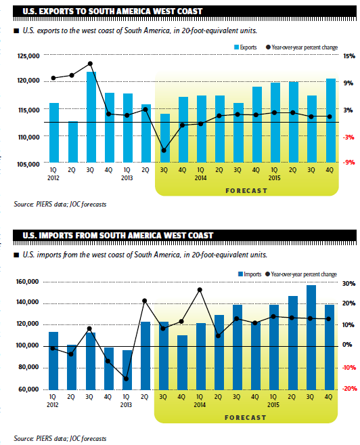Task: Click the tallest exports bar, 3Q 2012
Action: [91, 117]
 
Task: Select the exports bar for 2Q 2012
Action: [73, 142]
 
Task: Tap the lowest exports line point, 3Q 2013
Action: [164, 150]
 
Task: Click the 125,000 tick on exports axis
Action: [28, 56]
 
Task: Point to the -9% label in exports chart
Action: [348, 163]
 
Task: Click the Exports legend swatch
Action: [236, 47]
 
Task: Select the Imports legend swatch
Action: [240, 274]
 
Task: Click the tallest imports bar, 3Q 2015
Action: [311, 337]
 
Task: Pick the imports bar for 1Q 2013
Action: [127, 370]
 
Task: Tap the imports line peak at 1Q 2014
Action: [200, 290]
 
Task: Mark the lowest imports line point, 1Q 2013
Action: [126, 379]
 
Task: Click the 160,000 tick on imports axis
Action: [28, 282]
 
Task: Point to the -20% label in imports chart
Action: [349, 389]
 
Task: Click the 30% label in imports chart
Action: [349, 284]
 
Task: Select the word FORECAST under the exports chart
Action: [246, 191]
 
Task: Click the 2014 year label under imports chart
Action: [200, 405]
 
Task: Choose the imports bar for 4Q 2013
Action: [182, 362]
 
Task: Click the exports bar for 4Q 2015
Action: [330, 121]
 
